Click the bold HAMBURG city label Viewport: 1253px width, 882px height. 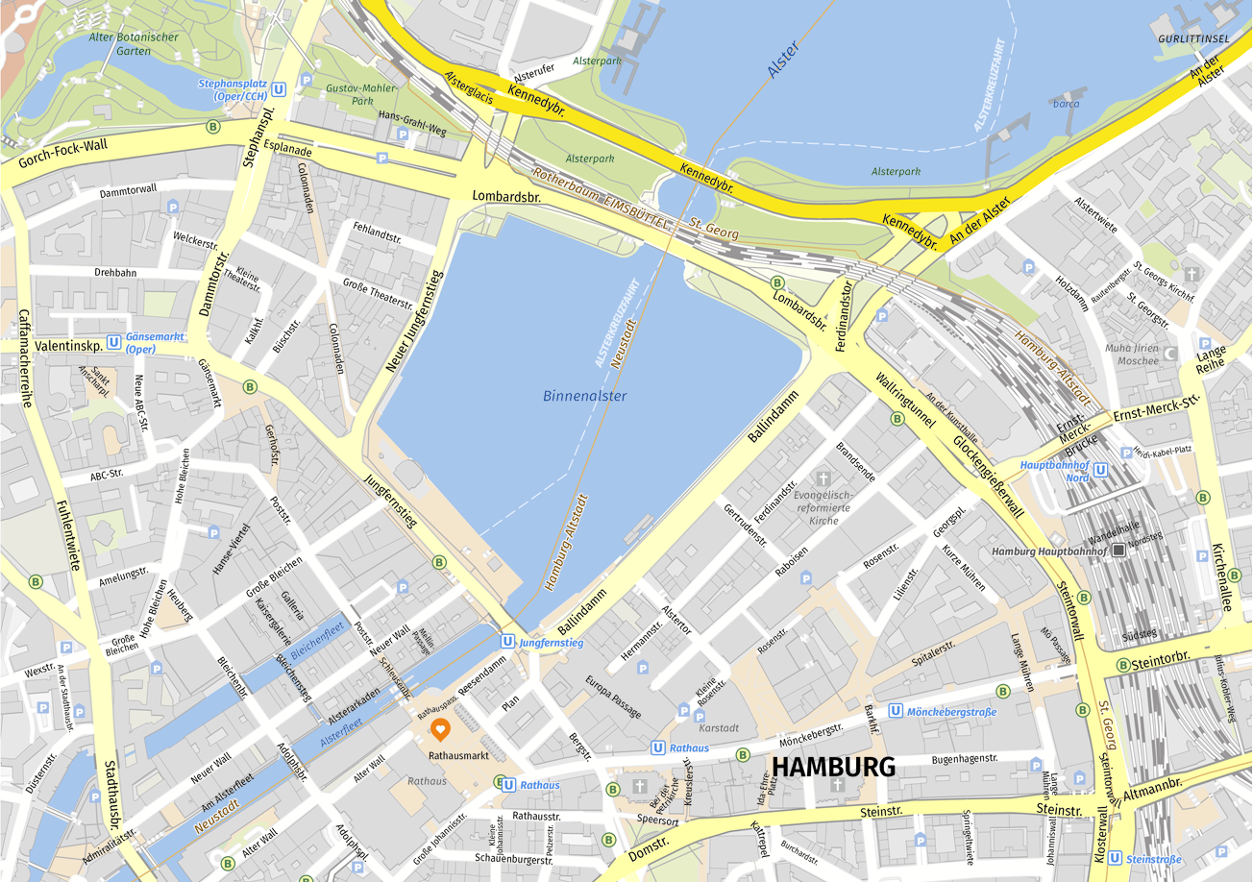[x=833, y=767]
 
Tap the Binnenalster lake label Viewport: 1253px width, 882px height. [x=584, y=396]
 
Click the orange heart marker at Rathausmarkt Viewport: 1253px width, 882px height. [x=440, y=730]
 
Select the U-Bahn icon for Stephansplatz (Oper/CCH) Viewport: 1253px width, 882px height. [x=279, y=89]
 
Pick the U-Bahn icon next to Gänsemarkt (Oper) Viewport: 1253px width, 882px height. [x=114, y=340]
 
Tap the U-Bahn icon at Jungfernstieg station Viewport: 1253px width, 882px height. [x=506, y=641]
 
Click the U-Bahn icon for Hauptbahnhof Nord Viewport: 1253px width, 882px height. [x=1101, y=471]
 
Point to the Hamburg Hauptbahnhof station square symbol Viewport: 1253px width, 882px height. [x=1118, y=551]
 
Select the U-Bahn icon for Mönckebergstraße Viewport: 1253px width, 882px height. [x=896, y=711]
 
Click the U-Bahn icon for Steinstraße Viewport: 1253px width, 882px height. [x=1114, y=858]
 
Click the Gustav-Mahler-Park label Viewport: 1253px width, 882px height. [x=349, y=93]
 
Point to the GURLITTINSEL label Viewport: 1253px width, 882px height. [x=1193, y=37]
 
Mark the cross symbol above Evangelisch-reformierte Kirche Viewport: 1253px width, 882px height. [x=823, y=478]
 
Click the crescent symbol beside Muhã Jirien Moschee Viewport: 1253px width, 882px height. [x=1170, y=354]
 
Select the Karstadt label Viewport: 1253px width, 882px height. [x=720, y=728]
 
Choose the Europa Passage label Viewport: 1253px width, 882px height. [x=613, y=697]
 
